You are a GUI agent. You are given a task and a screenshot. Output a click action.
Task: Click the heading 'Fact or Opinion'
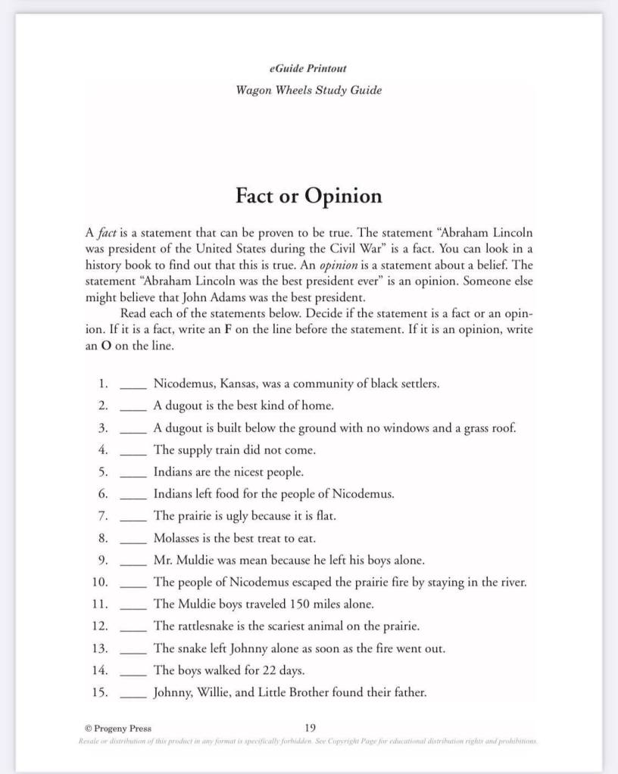click(308, 196)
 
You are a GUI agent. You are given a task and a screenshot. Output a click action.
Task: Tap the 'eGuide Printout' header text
click(308, 68)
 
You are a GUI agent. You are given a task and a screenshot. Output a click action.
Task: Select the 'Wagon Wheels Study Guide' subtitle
click(308, 91)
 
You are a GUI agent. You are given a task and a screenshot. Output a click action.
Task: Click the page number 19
click(310, 728)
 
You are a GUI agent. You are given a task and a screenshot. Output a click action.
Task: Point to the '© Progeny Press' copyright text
click(118, 729)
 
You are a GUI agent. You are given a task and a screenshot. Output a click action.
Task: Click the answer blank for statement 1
click(133, 386)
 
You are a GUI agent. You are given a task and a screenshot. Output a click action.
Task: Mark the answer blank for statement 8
click(133, 540)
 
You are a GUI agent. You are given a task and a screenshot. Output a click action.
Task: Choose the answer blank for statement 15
click(133, 694)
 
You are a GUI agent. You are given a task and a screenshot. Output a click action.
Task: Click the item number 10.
click(100, 583)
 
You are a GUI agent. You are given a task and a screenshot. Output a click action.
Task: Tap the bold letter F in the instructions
click(226, 330)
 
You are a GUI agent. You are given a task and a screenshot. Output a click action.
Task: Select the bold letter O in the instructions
click(107, 346)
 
